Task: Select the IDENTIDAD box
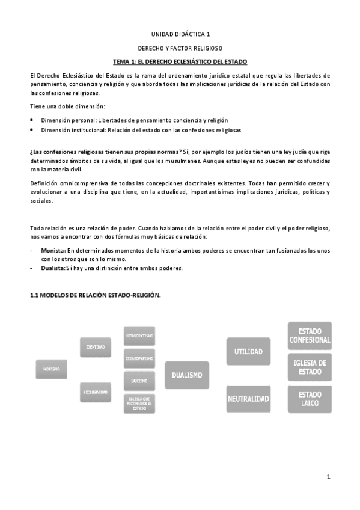[96, 347]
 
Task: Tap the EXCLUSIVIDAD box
[96, 392]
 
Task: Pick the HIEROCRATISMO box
[140, 336]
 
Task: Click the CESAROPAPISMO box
[140, 358]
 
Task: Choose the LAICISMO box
[140, 381]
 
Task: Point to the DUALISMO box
[186, 375]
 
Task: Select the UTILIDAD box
[248, 351]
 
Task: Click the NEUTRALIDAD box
[248, 398]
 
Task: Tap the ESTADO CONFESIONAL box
[310, 335]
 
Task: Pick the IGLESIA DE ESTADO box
[310, 367]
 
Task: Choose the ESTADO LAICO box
[310, 398]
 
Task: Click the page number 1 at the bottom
[329, 476]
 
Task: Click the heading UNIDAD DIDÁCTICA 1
[180, 35]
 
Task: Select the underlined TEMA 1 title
[180, 62]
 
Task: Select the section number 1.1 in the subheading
[35, 295]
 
